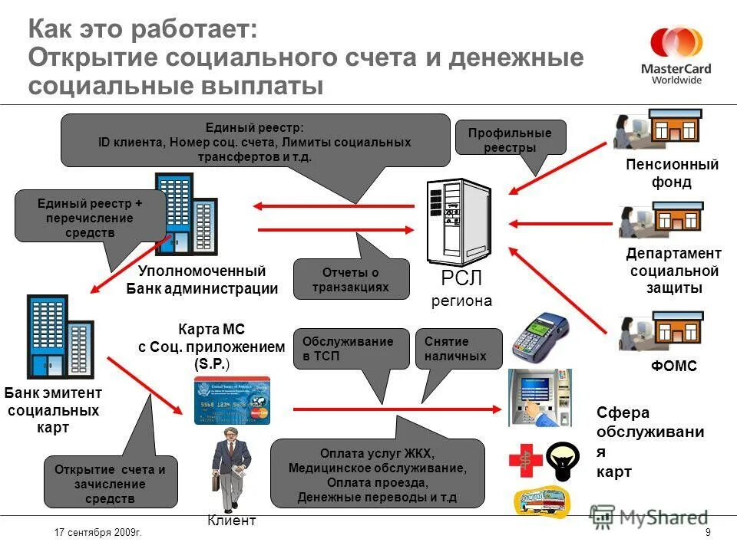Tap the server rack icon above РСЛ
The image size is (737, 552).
pyautogui.click(x=460, y=220)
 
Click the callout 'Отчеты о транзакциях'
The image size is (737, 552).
pyautogui.click(x=351, y=279)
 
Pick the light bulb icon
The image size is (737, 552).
pyautogui.click(x=567, y=461)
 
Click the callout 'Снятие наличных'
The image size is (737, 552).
pyautogui.click(x=458, y=349)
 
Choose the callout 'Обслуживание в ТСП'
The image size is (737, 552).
pyautogui.click(x=351, y=349)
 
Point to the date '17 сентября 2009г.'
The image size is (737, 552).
pyautogui.click(x=100, y=531)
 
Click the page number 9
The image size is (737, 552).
pyautogui.click(x=707, y=532)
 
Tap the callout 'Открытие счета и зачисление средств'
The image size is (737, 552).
pyautogui.click(x=111, y=483)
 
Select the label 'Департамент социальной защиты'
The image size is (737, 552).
pyautogui.click(x=673, y=271)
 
